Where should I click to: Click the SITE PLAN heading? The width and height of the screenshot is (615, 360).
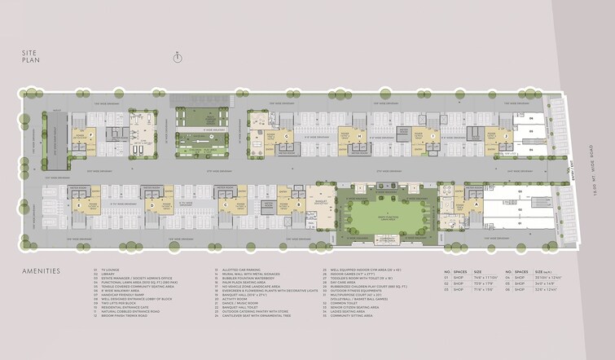click(x=31, y=55)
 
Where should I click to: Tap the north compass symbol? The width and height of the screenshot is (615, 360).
click(x=177, y=55)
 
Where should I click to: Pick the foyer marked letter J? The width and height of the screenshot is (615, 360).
click(x=506, y=136)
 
